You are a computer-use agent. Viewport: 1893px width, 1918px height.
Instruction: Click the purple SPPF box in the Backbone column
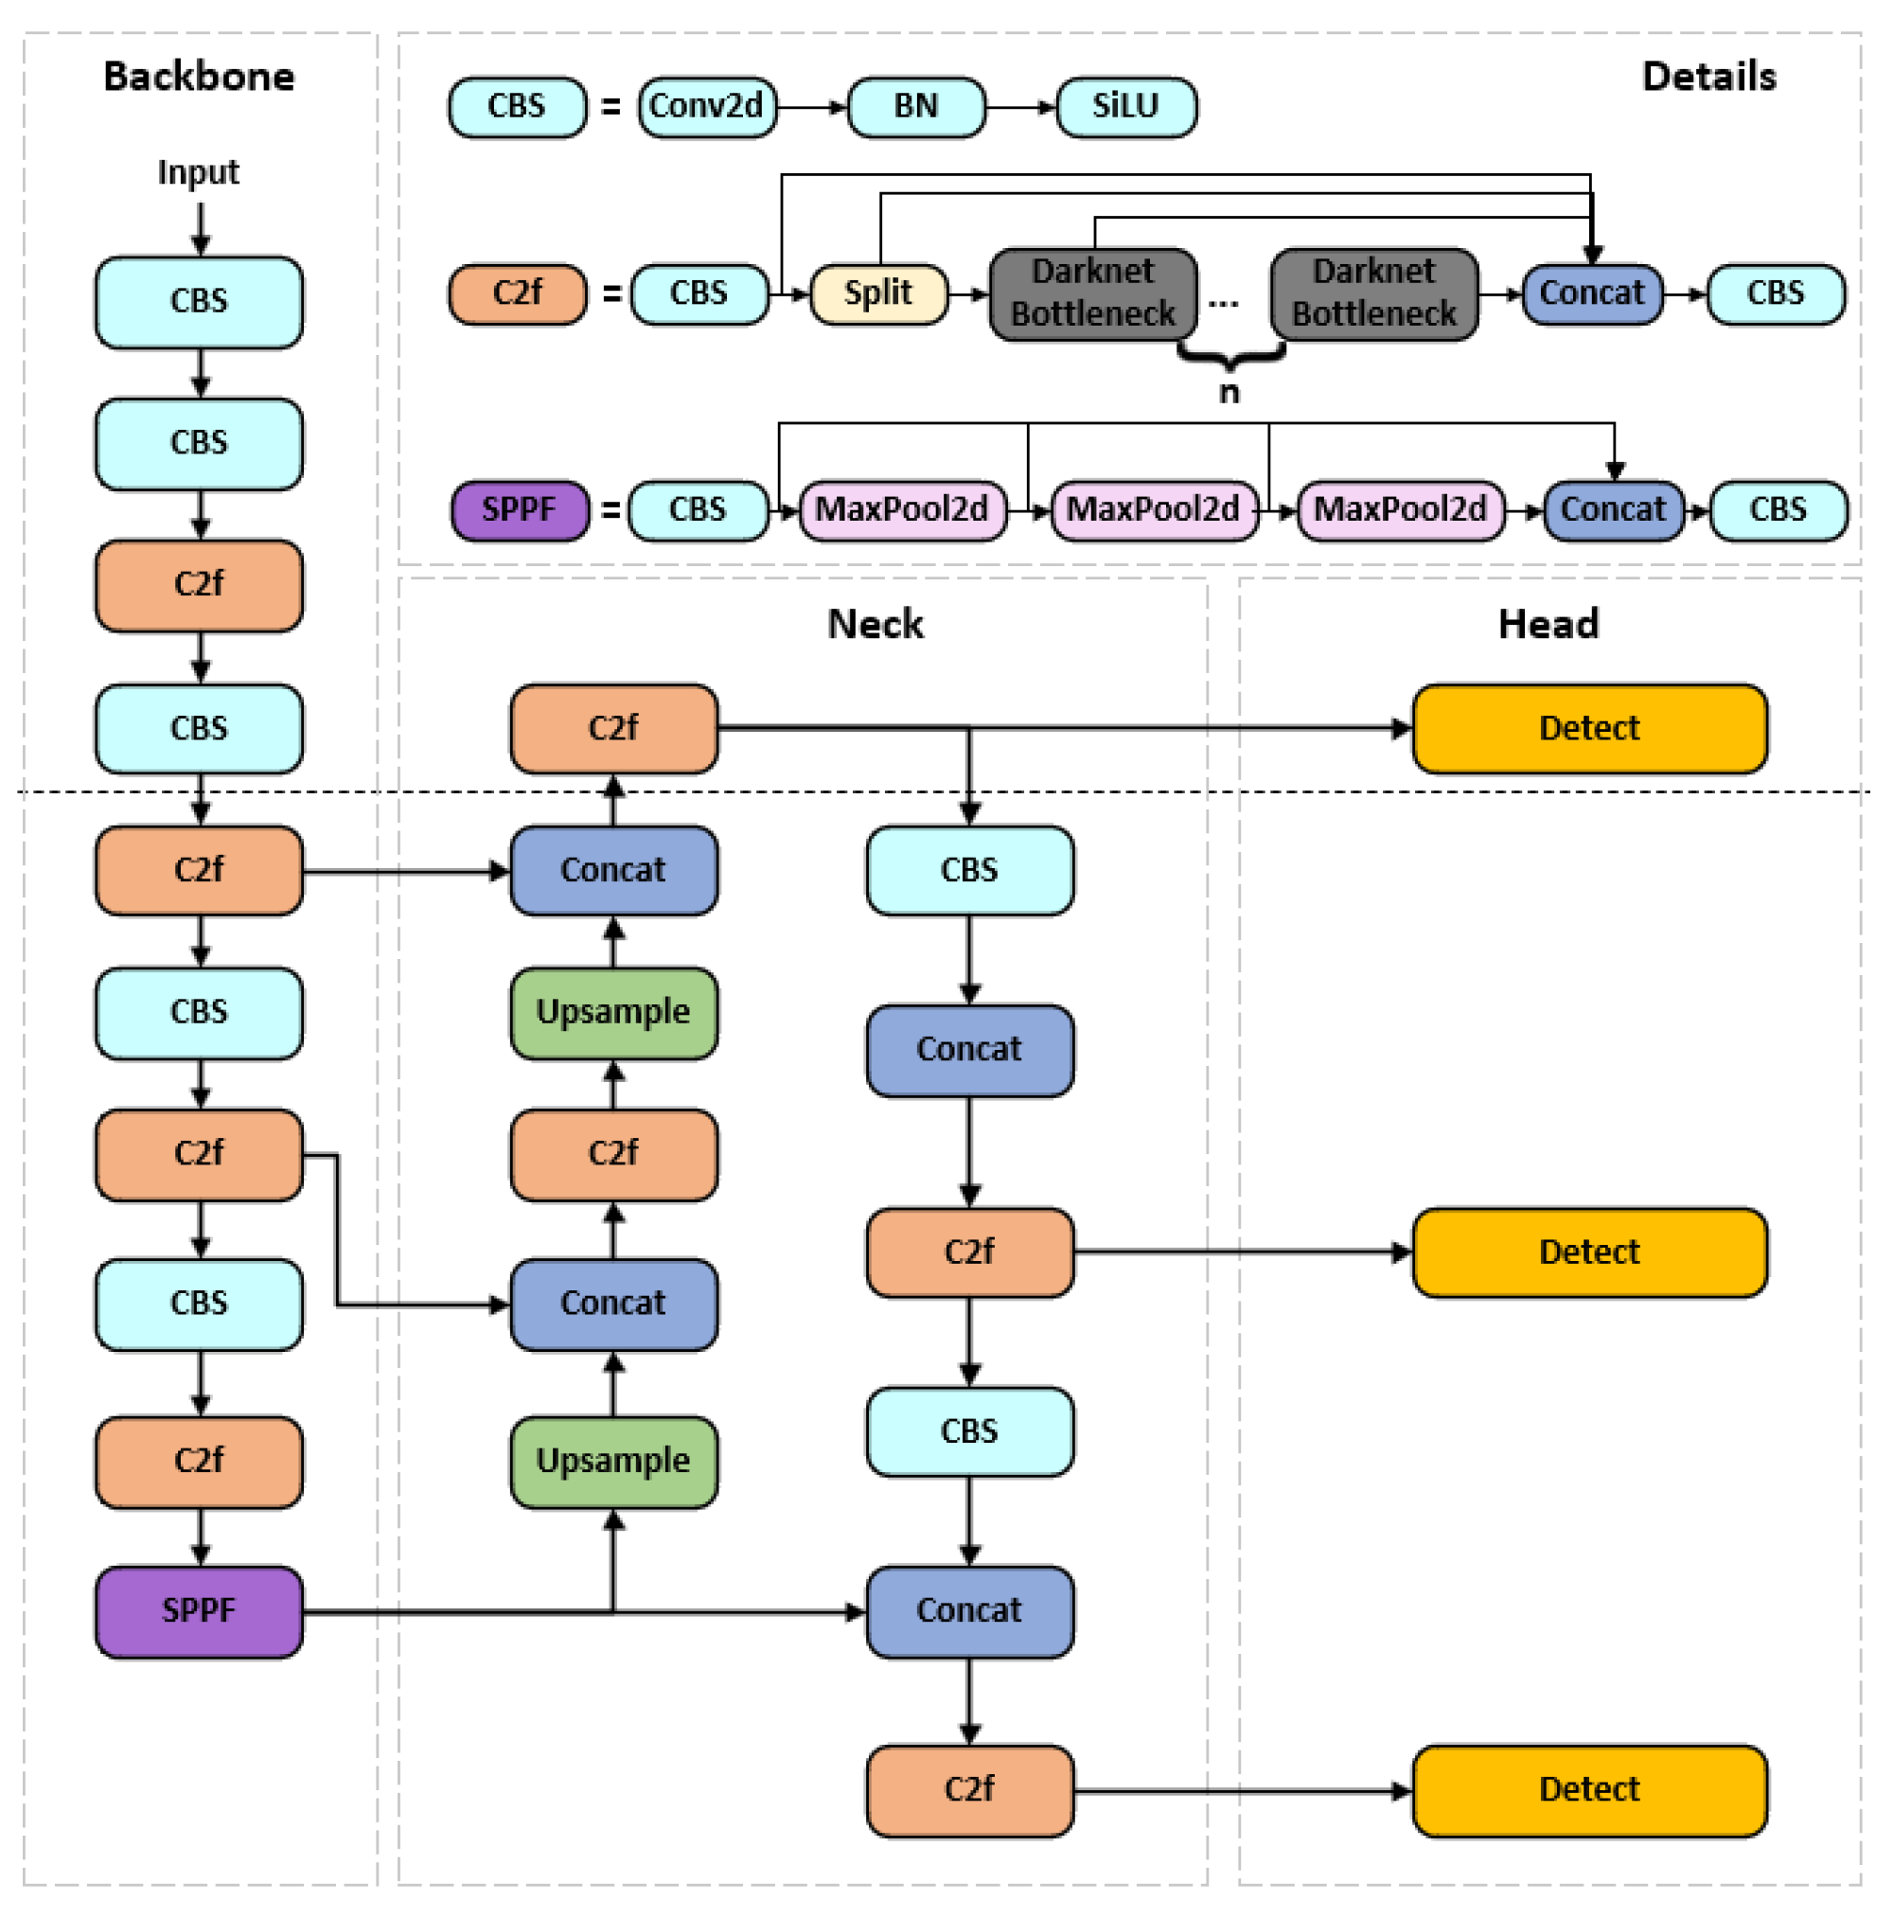[199, 1610]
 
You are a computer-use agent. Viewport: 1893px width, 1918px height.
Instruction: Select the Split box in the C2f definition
[878, 293]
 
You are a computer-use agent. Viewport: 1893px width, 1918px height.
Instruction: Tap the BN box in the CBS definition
[915, 106]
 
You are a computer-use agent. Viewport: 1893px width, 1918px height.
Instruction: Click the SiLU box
[1125, 106]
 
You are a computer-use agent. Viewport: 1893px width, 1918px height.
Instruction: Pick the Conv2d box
[706, 106]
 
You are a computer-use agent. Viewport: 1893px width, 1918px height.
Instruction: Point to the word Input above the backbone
[199, 172]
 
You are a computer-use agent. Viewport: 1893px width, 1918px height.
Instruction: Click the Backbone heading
[199, 77]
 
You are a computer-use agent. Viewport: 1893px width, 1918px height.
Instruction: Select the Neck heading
[875, 625]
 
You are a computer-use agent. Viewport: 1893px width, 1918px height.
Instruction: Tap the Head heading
[1548, 625]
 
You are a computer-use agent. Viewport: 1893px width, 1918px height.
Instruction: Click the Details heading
[1707, 77]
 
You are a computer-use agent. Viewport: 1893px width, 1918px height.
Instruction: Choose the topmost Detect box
[1588, 729]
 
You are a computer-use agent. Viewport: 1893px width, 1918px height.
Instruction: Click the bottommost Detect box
[1588, 1790]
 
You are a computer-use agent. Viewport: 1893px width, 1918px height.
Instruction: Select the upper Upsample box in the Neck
[613, 1013]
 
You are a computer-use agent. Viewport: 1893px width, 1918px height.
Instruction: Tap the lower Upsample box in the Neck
[613, 1462]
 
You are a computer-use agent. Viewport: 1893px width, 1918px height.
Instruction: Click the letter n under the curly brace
[1229, 393]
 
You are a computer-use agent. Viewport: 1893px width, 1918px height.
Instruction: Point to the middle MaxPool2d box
[1153, 510]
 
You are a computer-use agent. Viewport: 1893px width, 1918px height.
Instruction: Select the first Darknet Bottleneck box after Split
[1093, 293]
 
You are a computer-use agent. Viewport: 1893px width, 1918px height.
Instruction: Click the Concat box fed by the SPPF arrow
[969, 1611]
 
